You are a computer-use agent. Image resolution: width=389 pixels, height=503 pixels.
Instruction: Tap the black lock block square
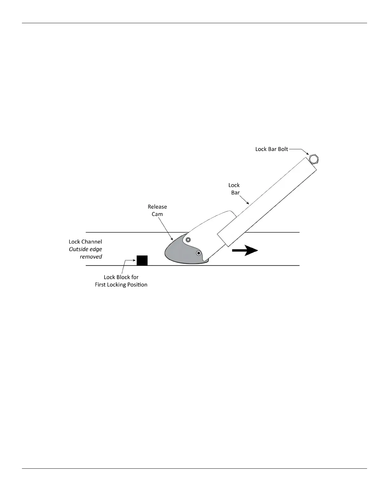pyautogui.click(x=142, y=260)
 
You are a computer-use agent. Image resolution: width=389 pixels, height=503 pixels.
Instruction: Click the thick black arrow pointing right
pyautogui.click(x=245, y=251)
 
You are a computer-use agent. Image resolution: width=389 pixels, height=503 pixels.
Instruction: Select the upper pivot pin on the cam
pyautogui.click(x=188, y=239)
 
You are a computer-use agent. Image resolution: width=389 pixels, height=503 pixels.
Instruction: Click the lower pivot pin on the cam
pyautogui.click(x=199, y=253)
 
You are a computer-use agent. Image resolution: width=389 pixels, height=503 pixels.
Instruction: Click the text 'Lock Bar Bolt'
pyautogui.click(x=271, y=149)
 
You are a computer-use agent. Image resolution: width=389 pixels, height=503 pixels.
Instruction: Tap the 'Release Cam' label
pyautogui.click(x=157, y=210)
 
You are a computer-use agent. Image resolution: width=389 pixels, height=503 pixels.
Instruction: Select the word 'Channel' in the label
pyautogui.click(x=92, y=242)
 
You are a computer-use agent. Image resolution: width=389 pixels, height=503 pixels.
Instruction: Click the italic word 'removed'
pyautogui.click(x=91, y=257)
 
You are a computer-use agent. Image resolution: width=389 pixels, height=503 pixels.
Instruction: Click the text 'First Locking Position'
pyautogui.click(x=121, y=285)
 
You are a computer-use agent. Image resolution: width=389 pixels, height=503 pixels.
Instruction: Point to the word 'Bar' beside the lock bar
pyautogui.click(x=235, y=192)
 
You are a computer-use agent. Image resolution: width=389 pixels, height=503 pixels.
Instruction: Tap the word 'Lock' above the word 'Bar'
pyautogui.click(x=234, y=185)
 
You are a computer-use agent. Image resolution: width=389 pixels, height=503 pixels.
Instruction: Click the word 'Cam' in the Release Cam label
pyautogui.click(x=157, y=214)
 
